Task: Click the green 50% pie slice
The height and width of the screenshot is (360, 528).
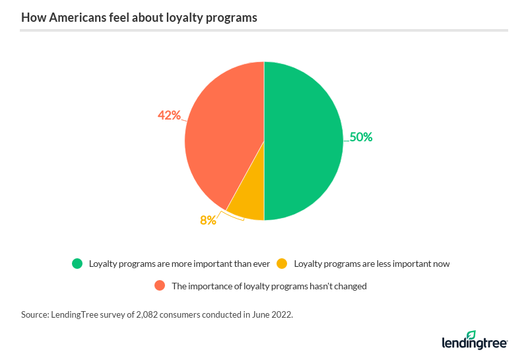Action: [x=304, y=141]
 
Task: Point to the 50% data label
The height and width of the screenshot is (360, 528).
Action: [x=361, y=137]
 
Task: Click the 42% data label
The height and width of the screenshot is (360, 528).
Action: [x=169, y=116]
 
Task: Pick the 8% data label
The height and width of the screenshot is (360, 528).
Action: [x=208, y=220]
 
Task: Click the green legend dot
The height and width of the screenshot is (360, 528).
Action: [x=78, y=264]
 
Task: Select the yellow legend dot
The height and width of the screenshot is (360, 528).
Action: [x=282, y=264]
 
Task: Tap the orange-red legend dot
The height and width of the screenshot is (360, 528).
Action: [x=159, y=286]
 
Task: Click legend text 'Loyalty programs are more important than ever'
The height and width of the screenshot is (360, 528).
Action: [x=180, y=264]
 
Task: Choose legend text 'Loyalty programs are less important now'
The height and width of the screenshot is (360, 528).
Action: [x=372, y=264]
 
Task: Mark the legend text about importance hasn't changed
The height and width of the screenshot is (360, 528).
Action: [x=269, y=286]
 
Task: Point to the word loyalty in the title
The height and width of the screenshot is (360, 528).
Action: [x=183, y=18]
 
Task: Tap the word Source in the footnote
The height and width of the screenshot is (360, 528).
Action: [x=36, y=315]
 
